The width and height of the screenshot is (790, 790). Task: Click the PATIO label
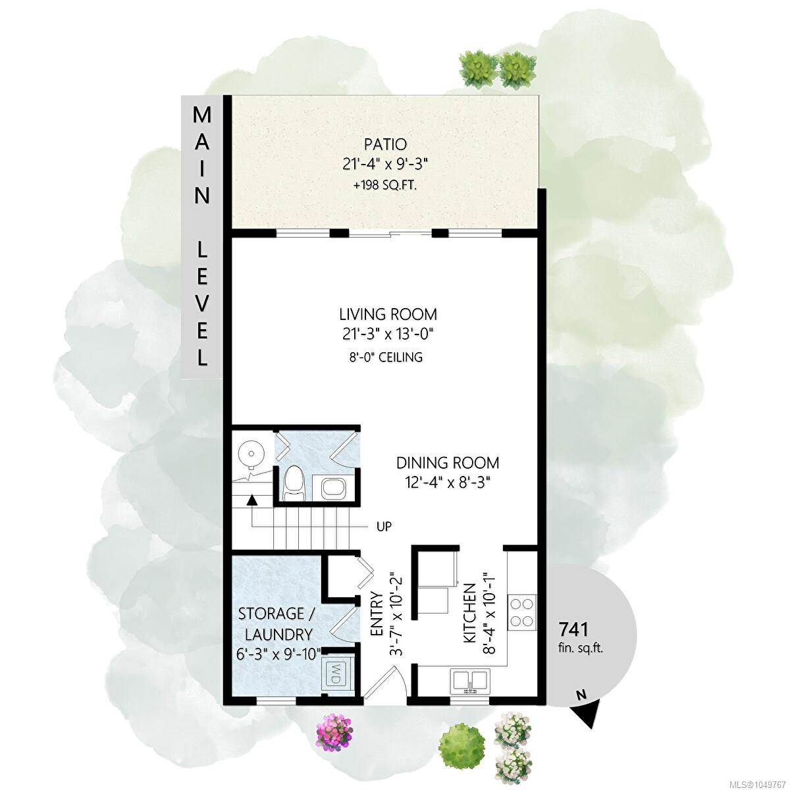coord(385,144)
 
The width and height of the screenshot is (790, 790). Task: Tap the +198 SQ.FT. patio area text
coord(385,186)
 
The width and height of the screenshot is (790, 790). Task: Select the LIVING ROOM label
coord(388,315)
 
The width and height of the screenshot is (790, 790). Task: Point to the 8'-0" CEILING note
coord(385,357)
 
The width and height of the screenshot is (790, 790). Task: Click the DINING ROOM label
coord(448,463)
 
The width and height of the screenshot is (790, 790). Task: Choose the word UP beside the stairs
coord(384,527)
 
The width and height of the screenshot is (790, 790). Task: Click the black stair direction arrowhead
coord(251,500)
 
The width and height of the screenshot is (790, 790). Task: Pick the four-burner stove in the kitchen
coord(522,612)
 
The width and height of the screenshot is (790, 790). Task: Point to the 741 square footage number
coord(574,629)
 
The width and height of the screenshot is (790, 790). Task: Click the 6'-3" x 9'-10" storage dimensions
coord(278,653)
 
